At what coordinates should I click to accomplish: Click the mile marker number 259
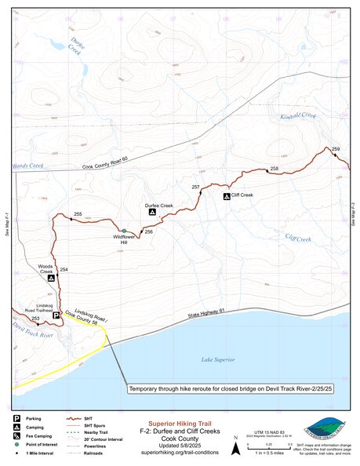[336, 149]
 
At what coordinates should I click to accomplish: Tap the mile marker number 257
[196, 187]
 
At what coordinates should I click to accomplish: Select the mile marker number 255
[78, 214]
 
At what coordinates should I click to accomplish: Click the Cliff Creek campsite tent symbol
[226, 195]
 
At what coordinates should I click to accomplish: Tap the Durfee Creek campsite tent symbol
[152, 213]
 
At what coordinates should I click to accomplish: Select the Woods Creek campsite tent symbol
[51, 278]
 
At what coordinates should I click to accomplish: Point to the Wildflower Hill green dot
[123, 231]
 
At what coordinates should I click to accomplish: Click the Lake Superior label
[217, 359]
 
